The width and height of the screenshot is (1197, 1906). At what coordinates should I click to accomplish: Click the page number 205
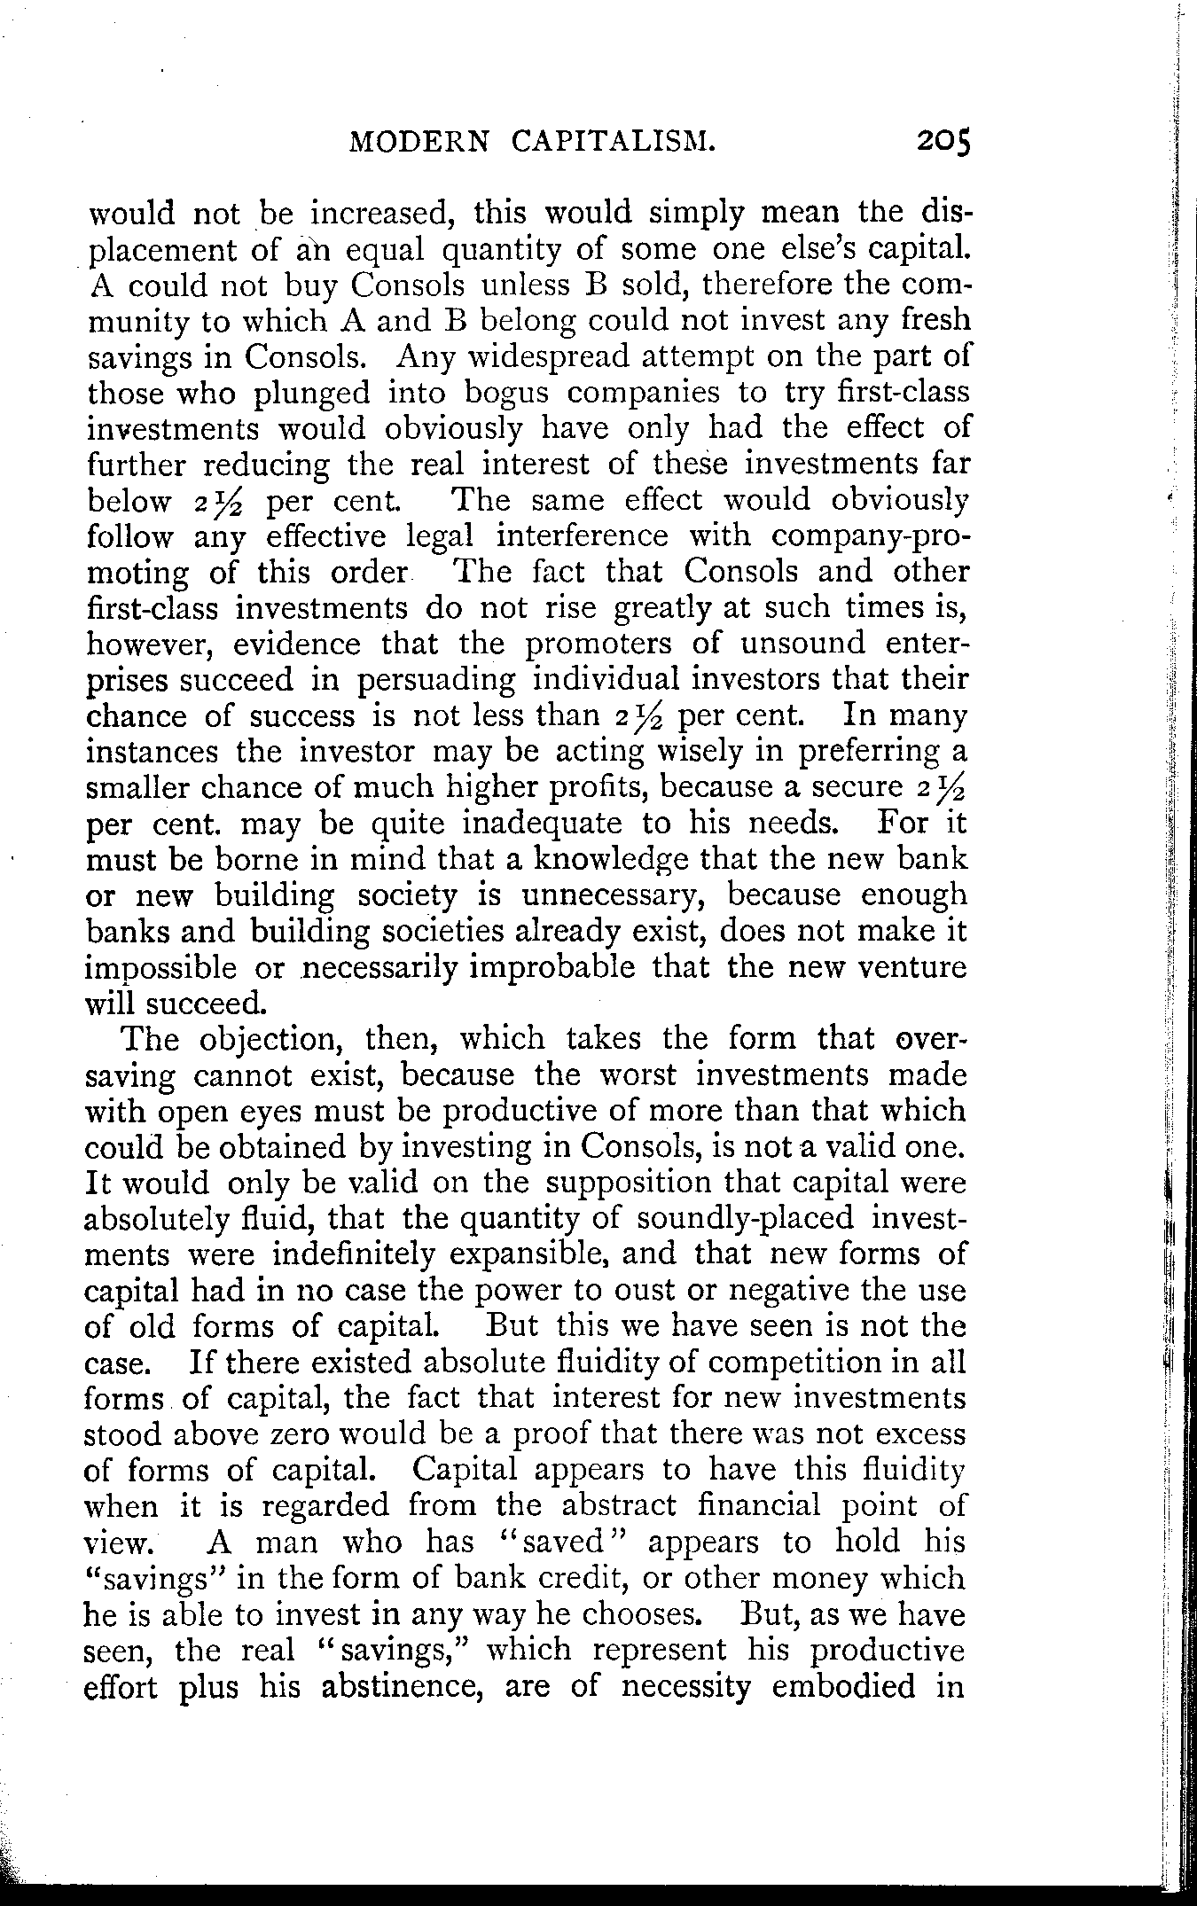click(944, 142)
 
